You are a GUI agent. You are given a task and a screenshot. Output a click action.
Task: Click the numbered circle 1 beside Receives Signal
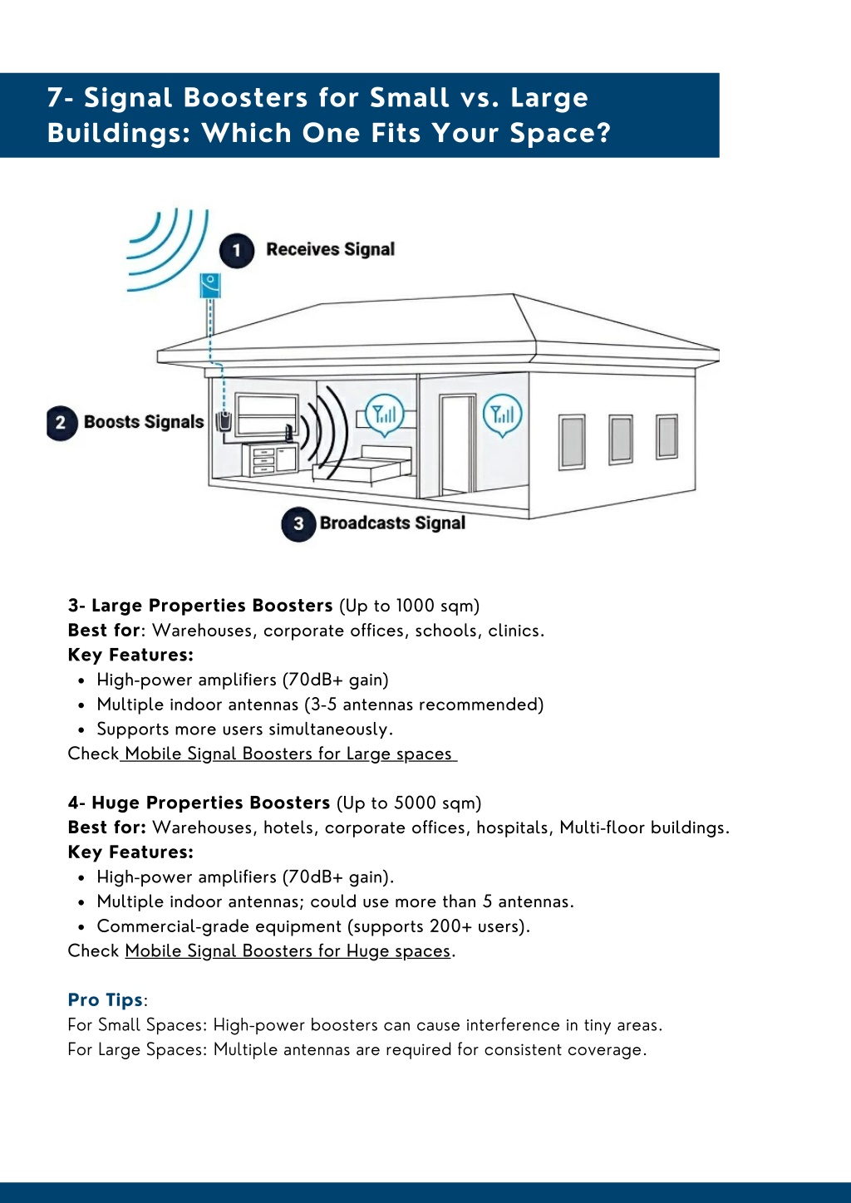tap(236, 250)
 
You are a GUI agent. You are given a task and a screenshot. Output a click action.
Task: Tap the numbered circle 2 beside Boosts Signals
tap(61, 423)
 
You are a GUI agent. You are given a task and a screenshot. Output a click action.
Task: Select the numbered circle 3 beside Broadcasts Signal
tap(298, 524)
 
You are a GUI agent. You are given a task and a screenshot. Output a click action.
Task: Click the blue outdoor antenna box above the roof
tap(210, 285)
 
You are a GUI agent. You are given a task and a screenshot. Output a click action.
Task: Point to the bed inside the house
tap(362, 466)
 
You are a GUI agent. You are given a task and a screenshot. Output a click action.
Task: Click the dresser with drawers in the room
tap(270, 459)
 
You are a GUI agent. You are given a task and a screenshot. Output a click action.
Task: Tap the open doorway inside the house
tap(457, 444)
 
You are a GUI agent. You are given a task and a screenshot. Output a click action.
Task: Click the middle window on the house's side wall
tap(621, 439)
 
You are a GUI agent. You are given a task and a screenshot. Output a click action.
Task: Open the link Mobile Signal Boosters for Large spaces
tap(288, 754)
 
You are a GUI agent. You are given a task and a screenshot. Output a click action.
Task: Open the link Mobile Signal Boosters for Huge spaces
tap(288, 950)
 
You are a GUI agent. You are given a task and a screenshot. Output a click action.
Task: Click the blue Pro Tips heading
tap(106, 1000)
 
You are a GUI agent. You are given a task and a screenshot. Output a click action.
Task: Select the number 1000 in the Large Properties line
tap(416, 606)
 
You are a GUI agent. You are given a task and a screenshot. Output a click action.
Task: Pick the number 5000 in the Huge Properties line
tap(416, 803)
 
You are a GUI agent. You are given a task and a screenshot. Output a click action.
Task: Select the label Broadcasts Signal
tap(393, 523)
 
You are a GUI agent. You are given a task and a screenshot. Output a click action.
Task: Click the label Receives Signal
tap(331, 249)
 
